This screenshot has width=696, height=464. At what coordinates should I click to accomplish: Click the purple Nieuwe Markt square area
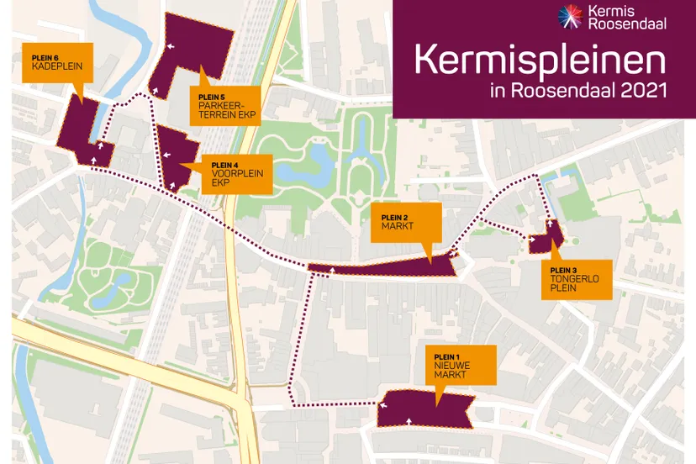[424, 409]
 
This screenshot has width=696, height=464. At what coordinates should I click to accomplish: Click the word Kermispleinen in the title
[540, 62]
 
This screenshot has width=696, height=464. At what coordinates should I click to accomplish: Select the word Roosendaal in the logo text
[615, 24]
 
